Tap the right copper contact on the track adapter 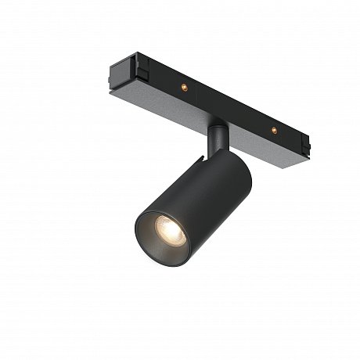click(274, 128)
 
